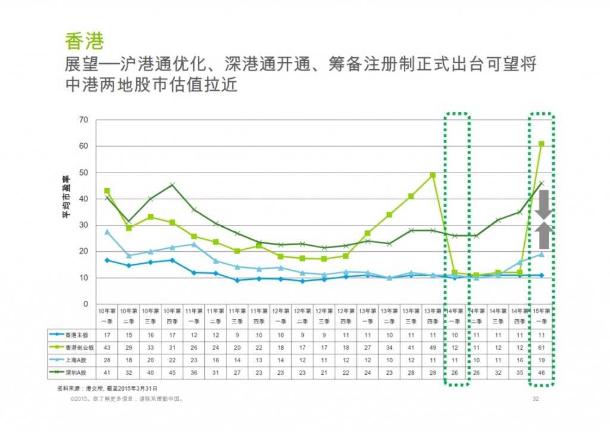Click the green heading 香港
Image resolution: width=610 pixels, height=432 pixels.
coord(85,41)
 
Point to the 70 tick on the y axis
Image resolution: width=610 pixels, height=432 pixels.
coord(83,120)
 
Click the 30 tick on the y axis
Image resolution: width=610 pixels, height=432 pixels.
coord(83,226)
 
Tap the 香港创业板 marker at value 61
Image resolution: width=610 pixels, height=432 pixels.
coord(541,144)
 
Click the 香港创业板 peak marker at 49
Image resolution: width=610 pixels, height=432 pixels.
coord(432,175)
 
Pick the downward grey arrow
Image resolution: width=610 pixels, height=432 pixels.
coord(543,207)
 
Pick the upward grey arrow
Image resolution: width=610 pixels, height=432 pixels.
coord(543,236)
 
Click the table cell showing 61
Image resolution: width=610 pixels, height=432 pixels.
coord(541,348)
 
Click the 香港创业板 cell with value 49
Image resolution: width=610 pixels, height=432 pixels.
coord(432,348)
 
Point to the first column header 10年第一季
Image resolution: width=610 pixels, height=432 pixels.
coord(107,316)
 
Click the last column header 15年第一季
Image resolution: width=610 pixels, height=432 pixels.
coord(541,316)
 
